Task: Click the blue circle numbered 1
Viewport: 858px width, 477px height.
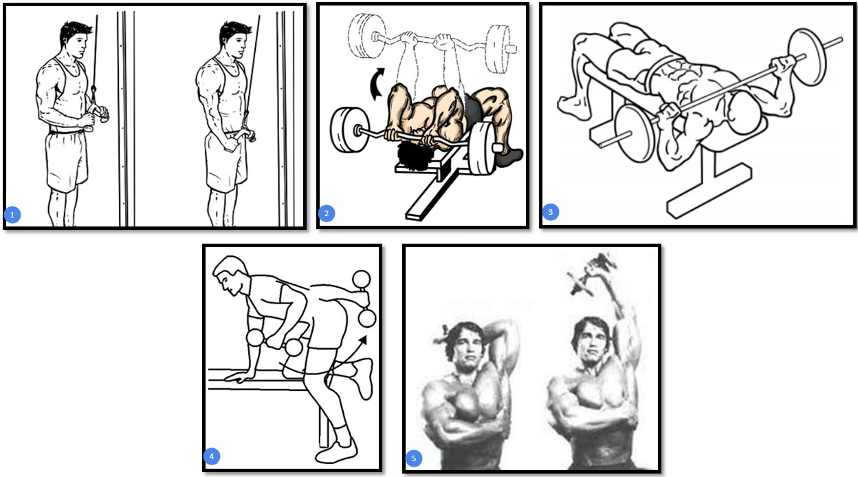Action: pyautogui.click(x=12, y=215)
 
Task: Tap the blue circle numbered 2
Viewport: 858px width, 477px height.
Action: pyautogui.click(x=327, y=213)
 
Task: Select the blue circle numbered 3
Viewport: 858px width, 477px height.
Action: pyautogui.click(x=551, y=212)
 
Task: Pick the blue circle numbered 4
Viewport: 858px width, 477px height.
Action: pyautogui.click(x=212, y=456)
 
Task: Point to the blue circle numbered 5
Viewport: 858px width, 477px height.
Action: pyautogui.click(x=413, y=458)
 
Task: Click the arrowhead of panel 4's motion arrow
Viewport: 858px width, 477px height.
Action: pyautogui.click(x=362, y=341)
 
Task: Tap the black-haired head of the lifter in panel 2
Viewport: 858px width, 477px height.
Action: pyautogui.click(x=414, y=156)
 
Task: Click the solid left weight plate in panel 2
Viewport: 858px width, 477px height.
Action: pyautogui.click(x=346, y=130)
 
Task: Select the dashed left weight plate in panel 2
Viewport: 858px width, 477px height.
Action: pyautogui.click(x=362, y=36)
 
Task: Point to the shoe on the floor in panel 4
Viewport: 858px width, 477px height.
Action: pyautogui.click(x=335, y=452)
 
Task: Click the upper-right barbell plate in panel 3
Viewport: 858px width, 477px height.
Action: pyautogui.click(x=807, y=56)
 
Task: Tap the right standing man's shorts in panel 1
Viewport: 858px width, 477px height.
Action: pyautogui.click(x=225, y=161)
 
